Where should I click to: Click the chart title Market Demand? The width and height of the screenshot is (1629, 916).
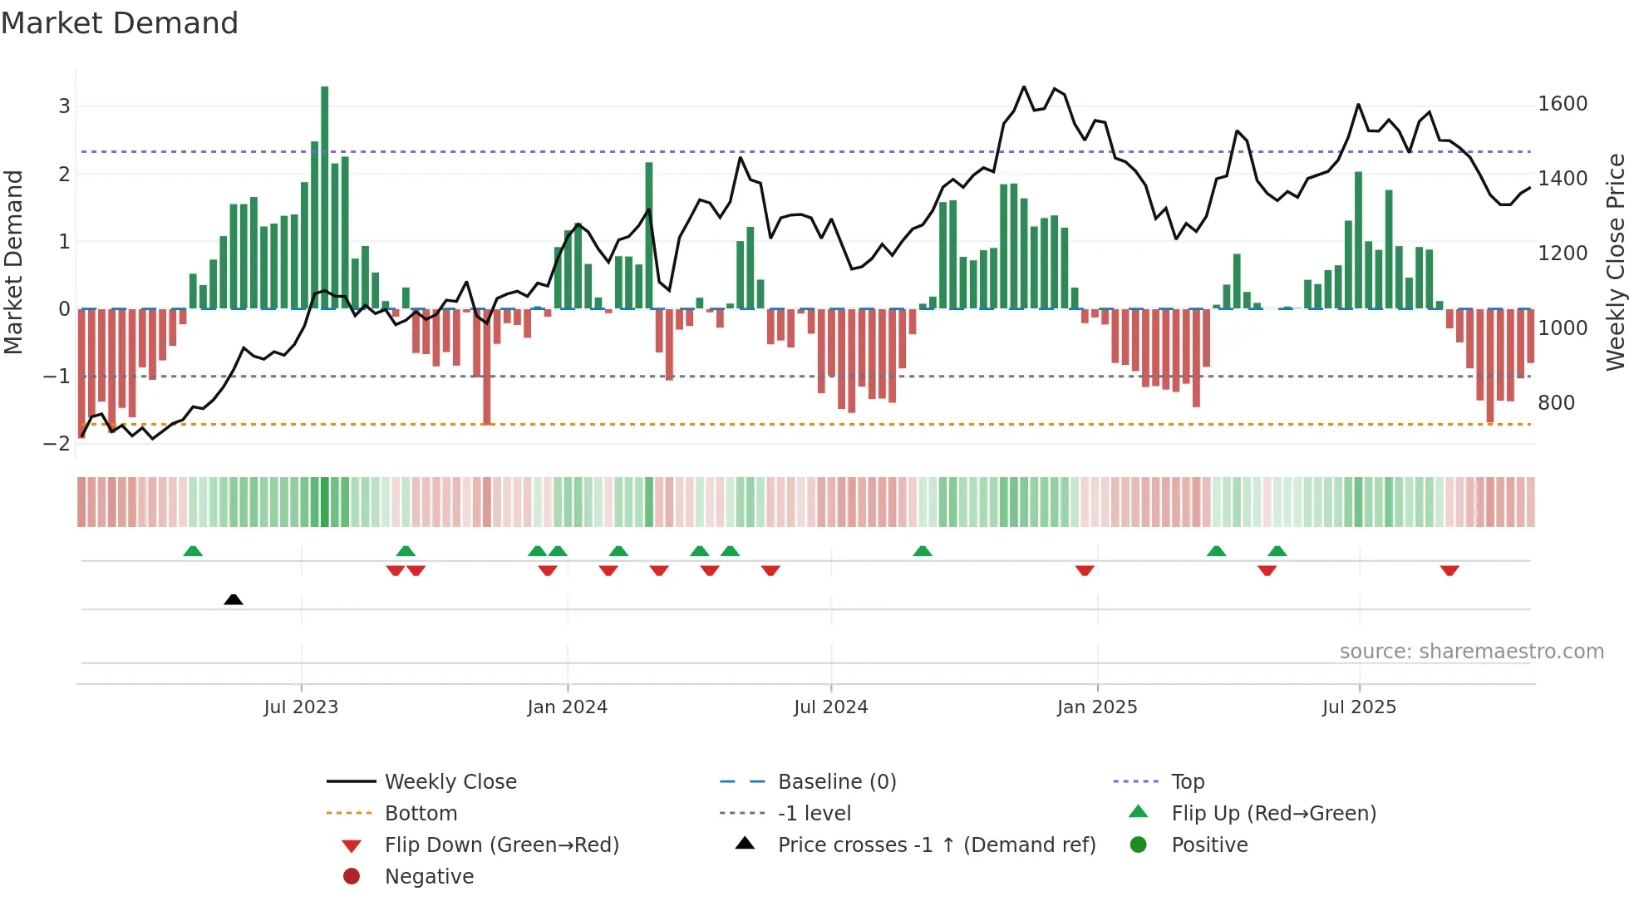coord(120,23)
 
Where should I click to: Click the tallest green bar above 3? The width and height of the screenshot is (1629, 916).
coord(324,196)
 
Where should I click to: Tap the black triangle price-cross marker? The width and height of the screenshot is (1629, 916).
coord(234,599)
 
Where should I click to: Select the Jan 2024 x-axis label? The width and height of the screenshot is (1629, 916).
coord(567,707)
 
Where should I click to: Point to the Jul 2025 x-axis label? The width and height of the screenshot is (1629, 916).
coord(1359,707)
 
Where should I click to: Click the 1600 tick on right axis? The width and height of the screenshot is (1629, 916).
coord(1563,104)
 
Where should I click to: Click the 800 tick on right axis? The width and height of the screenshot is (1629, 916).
coord(1556,403)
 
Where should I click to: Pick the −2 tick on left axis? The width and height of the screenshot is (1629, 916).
coord(57,443)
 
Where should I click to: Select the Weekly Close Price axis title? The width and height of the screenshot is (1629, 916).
coord(1615,262)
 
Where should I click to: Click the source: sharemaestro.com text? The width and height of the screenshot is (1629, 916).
coord(1471,652)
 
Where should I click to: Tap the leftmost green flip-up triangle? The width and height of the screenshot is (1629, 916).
coord(193,551)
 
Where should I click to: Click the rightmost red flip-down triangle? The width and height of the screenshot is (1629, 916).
coord(1449,570)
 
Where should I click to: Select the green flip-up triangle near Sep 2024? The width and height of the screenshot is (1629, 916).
coord(923,551)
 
